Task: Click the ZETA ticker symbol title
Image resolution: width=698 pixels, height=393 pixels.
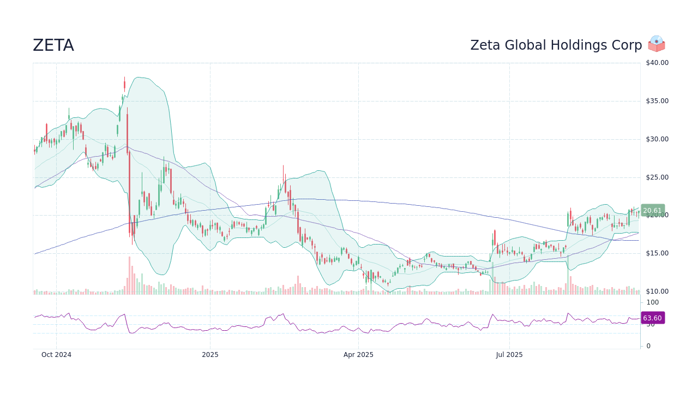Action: pos(53,46)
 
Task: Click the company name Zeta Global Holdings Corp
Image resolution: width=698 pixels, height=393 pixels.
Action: pos(556,46)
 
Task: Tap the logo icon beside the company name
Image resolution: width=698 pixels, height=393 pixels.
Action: pos(657,44)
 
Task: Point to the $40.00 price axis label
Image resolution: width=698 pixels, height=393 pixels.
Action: pos(657,63)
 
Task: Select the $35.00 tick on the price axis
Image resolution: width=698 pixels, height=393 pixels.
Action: pos(657,101)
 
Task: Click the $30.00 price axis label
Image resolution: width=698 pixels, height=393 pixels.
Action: pos(657,139)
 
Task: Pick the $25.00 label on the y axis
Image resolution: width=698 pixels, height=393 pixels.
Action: pos(657,177)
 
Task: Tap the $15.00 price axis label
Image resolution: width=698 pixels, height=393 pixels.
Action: pos(657,253)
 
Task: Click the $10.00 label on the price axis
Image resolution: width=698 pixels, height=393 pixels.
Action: pos(657,291)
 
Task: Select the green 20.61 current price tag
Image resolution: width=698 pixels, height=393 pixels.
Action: pos(652,211)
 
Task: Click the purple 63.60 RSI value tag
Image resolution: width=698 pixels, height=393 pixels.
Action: pos(652,318)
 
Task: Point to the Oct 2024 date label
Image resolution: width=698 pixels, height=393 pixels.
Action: pos(57,355)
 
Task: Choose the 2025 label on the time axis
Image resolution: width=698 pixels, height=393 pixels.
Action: pos(210,355)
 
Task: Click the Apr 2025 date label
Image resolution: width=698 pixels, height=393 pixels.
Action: pos(358,355)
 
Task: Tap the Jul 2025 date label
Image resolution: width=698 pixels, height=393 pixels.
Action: pos(509,355)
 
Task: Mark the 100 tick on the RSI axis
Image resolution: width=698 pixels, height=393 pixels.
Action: pos(653,302)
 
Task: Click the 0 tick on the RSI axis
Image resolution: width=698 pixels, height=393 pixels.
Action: pos(648,346)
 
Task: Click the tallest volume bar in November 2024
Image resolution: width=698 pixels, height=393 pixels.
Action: pos(130,276)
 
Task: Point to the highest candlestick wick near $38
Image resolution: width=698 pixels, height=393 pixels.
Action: pos(124,79)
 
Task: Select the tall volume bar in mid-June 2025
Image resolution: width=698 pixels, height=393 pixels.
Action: pos(492,278)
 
